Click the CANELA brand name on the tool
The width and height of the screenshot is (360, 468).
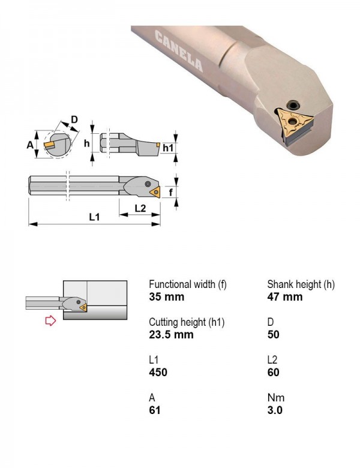coord(179,51)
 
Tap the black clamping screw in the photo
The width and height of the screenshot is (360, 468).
coord(293,106)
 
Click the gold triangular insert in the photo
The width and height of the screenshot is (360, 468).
coord(294,124)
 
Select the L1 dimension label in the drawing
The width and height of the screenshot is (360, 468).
coord(95,217)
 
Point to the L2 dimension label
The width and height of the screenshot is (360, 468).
coord(140,208)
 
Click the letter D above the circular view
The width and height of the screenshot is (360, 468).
coord(74,119)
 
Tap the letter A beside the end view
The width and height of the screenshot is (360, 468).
coord(30,145)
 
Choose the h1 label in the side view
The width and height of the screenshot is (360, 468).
coord(168,148)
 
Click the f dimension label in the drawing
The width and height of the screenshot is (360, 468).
coord(171,192)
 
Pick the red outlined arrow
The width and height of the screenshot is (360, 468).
coord(50,320)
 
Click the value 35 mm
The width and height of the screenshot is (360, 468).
coord(166,297)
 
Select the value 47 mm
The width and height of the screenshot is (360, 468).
coord(285,297)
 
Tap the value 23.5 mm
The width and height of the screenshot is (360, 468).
coord(171,335)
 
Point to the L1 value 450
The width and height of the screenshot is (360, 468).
coord(158,373)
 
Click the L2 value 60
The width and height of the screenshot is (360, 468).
coord(273,373)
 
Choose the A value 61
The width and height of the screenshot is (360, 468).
coord(155,410)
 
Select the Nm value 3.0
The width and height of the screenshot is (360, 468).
coord(275,410)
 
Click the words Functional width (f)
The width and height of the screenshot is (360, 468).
coord(188,284)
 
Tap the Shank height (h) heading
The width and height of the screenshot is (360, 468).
coord(301,284)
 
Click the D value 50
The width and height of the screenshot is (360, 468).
coord(273,335)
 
